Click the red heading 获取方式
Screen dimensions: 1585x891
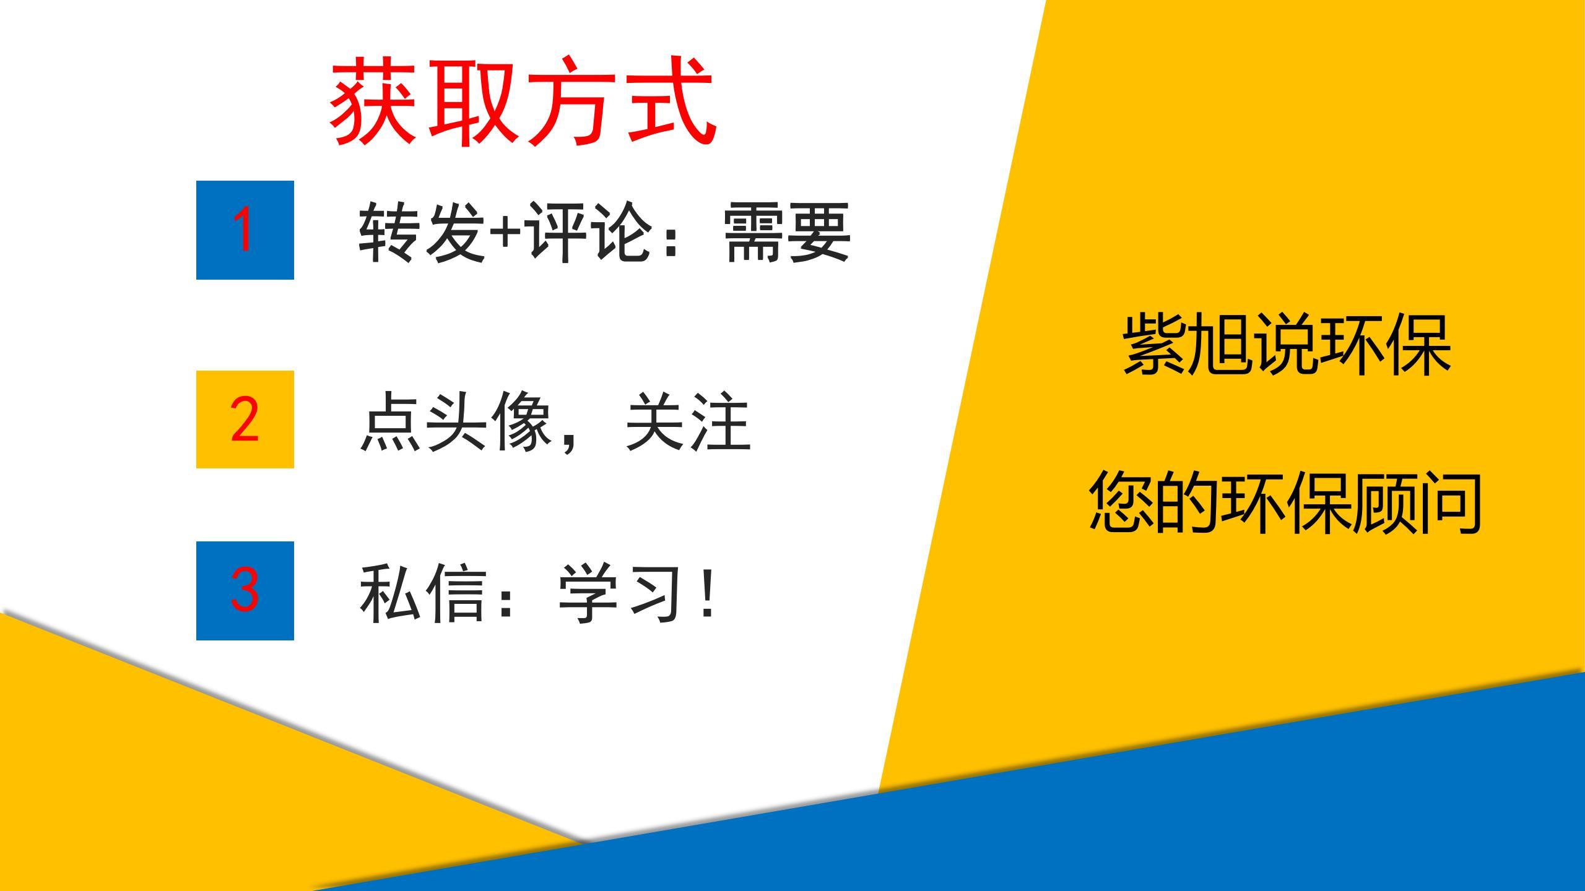523,102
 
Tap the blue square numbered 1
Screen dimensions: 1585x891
245,230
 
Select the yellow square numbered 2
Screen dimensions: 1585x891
245,420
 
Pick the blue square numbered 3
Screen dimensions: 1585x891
245,591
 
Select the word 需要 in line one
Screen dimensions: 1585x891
787,231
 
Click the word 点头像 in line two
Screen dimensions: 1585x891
456,421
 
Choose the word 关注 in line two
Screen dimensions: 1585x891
688,421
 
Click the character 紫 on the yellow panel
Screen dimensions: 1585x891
1157,343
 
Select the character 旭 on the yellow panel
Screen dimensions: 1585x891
1222,343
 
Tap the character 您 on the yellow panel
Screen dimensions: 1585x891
1122,501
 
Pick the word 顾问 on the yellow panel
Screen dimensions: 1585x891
1417,501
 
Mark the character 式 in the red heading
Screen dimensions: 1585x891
671,102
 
